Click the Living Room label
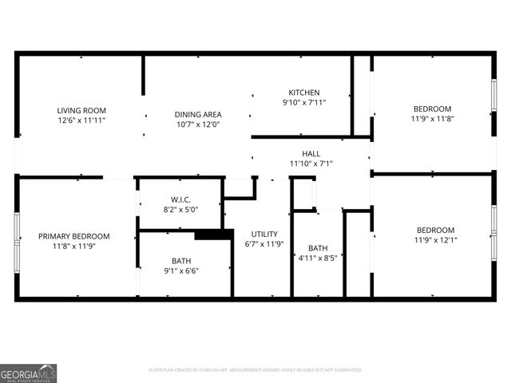click(81, 110)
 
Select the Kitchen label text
click(304, 93)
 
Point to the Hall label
click(311, 153)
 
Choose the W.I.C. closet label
click(180, 199)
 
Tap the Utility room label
click(264, 234)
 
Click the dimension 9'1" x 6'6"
click(180, 270)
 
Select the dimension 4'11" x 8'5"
click(318, 258)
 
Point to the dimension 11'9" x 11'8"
click(432, 119)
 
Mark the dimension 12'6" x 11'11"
click(81, 120)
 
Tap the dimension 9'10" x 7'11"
click(304, 102)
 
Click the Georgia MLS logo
click(29, 373)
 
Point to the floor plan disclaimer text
click(255, 370)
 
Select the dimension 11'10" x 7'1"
click(311, 164)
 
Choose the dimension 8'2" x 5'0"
click(180, 209)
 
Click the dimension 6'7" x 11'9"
click(264, 244)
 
